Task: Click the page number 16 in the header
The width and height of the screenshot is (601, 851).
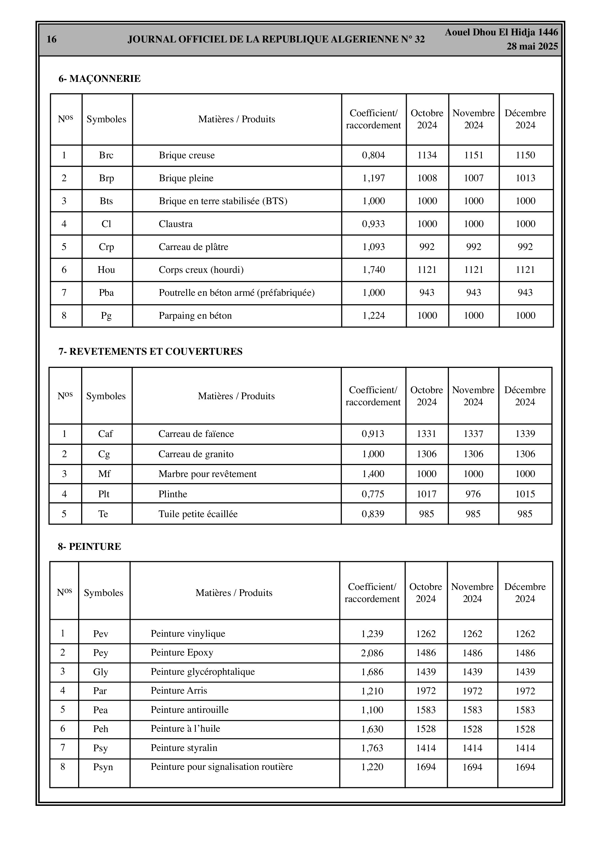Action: (52, 39)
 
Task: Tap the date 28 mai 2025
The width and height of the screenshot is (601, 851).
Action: (532, 46)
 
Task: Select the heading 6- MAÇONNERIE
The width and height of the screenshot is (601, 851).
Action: (99, 78)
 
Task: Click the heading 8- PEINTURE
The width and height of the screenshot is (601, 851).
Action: (89, 546)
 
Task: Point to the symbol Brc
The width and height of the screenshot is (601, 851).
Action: (106, 155)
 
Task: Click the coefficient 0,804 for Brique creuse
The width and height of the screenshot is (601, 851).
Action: (373, 155)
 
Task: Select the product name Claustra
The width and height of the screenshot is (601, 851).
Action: (176, 224)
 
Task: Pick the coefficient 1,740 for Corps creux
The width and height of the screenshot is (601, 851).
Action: (373, 270)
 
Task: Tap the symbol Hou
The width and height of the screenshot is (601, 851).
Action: (106, 270)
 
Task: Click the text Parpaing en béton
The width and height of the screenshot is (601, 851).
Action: (195, 316)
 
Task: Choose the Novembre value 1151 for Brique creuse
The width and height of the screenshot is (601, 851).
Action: (473, 155)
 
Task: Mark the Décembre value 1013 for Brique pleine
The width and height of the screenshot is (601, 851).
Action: (525, 178)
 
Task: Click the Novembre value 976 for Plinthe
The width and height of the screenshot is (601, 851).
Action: (473, 494)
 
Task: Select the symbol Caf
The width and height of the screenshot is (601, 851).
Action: (105, 434)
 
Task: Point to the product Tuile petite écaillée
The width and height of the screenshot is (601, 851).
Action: (198, 514)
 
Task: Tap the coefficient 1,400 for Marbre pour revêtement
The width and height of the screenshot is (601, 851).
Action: (373, 474)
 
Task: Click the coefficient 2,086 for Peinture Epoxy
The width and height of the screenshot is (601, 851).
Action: (372, 653)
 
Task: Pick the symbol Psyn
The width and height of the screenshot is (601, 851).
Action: (103, 767)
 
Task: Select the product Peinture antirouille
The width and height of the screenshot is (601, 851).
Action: (189, 710)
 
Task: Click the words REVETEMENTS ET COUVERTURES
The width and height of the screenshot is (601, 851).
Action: (156, 351)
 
